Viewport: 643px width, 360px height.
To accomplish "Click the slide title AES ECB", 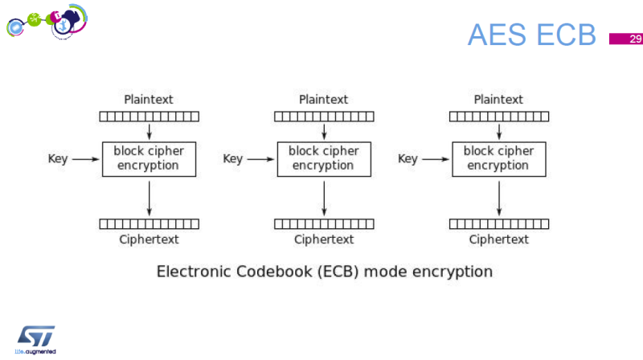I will pos(531,35).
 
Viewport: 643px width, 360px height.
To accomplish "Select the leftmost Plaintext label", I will pos(149,100).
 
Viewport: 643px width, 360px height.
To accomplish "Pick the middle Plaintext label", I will pos(324,100).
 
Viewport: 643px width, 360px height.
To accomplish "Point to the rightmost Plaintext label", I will pos(498,100).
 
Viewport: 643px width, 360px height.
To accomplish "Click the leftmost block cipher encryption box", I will pos(149,158).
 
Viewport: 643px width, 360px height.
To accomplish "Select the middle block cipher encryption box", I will pos(324,158).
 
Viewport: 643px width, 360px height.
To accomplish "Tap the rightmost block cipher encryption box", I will pos(499,158).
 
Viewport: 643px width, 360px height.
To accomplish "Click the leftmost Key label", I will pos(58,159).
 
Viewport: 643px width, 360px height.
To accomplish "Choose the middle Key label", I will pos(232,159).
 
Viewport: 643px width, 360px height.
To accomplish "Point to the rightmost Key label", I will pos(408,159).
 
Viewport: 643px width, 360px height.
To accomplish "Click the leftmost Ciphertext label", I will pos(149,239).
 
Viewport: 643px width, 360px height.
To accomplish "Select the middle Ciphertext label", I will pos(324,239).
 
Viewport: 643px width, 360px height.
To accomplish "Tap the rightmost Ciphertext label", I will pos(499,239).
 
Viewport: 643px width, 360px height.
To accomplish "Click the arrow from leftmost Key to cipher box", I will pos(84,159).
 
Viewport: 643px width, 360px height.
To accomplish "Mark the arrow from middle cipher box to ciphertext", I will pos(324,198).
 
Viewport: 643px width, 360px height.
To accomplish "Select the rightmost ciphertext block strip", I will pos(499,223).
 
